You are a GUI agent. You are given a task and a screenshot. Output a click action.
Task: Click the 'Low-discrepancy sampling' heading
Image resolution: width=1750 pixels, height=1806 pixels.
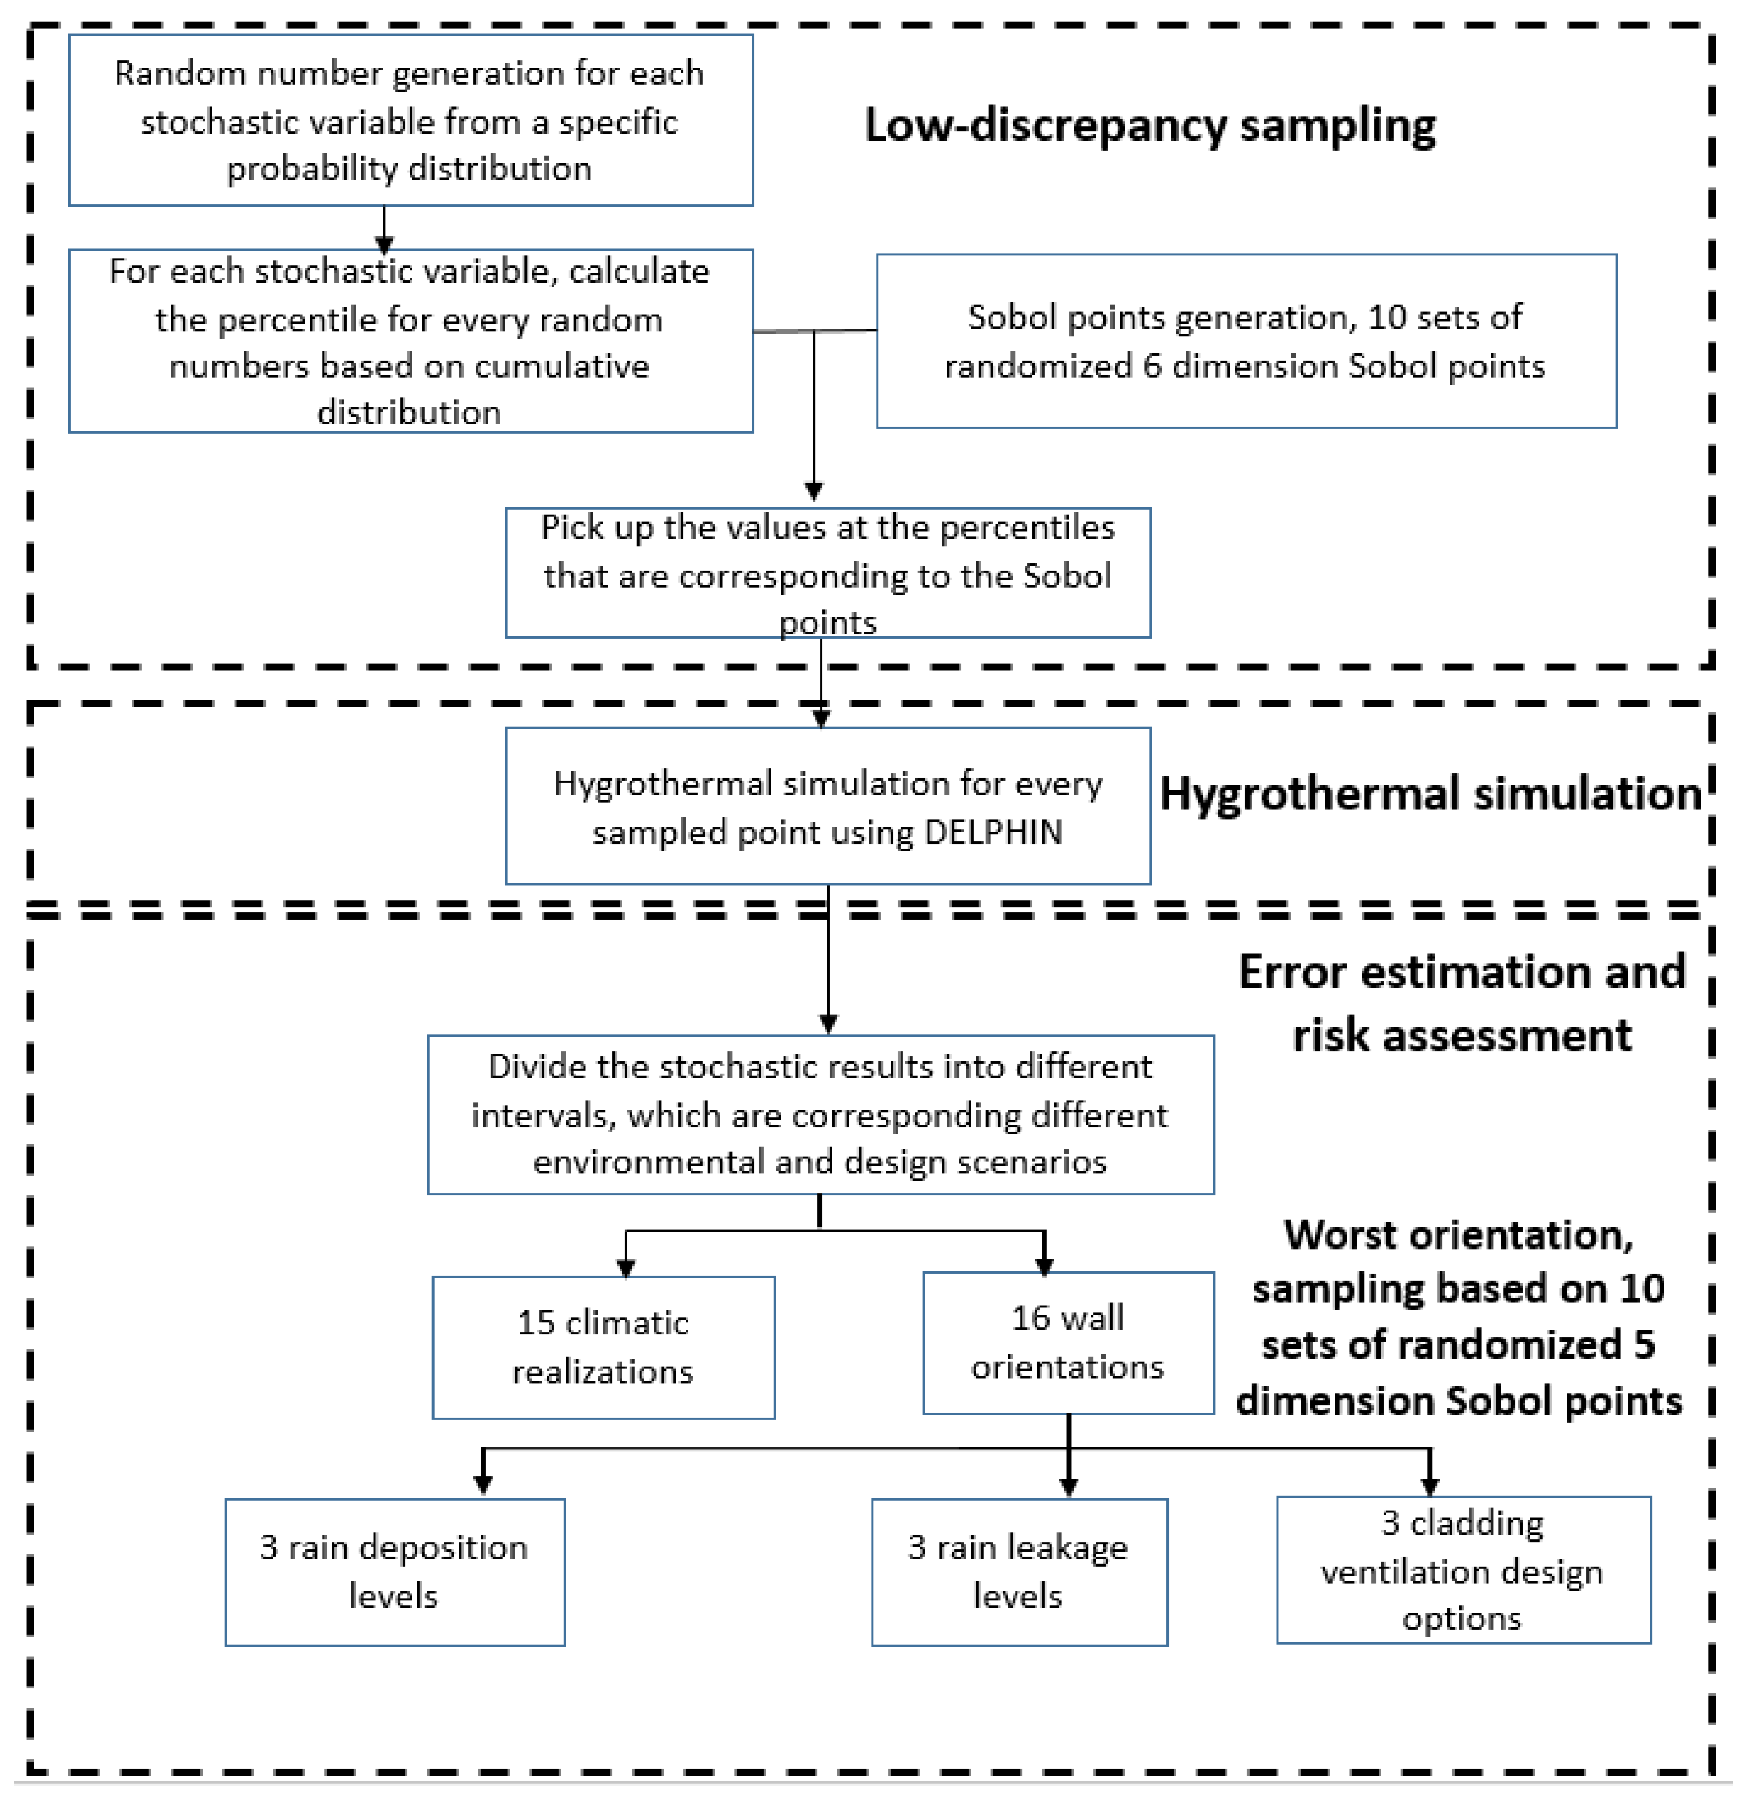1149,126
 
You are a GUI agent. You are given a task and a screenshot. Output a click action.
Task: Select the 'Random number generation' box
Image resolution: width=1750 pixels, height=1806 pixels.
410,121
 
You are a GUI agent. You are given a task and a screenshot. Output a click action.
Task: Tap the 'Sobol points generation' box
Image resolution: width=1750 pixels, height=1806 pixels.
1245,341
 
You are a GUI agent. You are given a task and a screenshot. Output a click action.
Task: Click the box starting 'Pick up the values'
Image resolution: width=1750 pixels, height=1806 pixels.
827,573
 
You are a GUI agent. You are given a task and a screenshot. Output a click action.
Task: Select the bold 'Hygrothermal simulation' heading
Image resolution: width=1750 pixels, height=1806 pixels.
1429,793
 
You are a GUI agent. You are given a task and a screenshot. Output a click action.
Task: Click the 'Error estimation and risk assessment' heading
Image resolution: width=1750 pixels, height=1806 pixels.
1461,1003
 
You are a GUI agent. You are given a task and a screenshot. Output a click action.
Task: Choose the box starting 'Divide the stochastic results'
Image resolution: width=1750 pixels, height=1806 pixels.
820,1114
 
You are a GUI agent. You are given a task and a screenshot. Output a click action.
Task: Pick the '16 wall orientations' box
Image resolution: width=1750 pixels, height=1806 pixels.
1067,1342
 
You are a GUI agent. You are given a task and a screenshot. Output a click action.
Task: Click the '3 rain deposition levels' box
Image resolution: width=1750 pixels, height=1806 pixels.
395,1571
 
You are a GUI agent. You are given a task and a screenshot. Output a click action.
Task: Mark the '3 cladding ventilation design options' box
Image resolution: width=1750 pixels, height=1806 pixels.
1463,1569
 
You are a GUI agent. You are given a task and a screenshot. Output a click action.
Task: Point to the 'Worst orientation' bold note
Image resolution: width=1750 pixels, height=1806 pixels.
1458,1318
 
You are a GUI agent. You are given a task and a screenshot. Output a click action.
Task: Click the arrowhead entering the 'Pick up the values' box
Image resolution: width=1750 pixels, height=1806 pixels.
813,492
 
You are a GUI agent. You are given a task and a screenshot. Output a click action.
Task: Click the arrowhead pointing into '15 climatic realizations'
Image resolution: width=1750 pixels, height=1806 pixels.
626,1268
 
